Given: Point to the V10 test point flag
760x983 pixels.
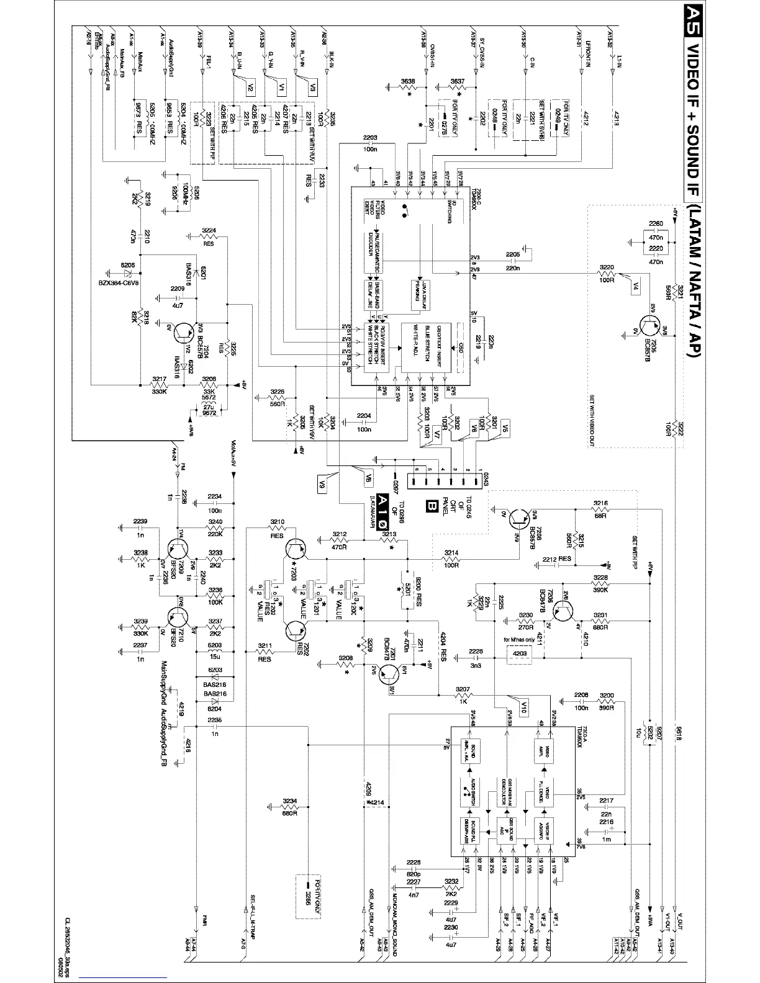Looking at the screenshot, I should pos(524,705).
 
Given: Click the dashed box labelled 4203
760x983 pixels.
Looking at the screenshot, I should pos(520,653).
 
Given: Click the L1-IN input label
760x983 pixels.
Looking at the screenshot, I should pos(619,59).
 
